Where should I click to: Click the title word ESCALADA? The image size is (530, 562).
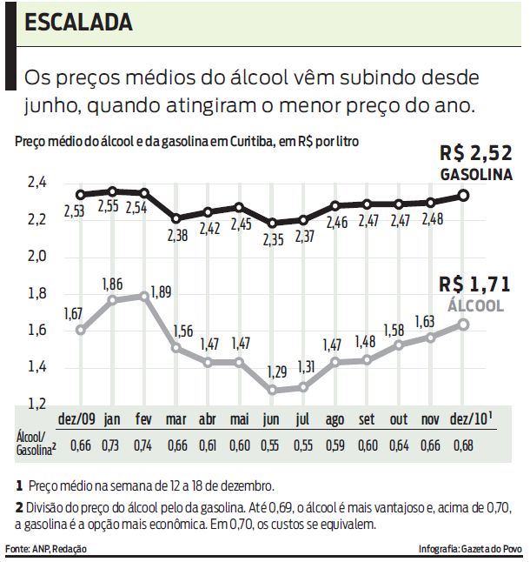79,22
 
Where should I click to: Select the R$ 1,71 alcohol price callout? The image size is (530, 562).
474,284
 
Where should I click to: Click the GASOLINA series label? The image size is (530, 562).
474,175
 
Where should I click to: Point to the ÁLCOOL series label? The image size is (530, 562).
475,305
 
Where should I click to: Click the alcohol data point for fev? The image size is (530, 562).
144,296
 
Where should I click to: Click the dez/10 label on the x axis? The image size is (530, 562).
468,419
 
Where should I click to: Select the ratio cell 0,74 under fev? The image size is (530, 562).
144,446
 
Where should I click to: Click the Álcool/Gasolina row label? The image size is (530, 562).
36,441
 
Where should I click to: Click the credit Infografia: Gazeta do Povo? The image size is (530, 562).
468,549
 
